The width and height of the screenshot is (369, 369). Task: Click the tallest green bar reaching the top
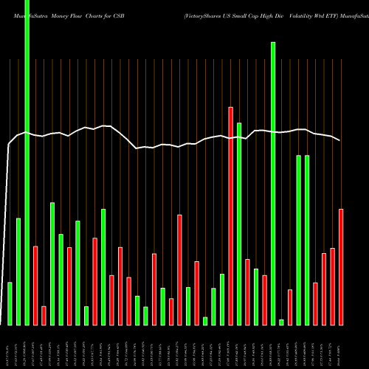(x=27, y=162)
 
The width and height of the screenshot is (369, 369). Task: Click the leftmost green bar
(x=10, y=303)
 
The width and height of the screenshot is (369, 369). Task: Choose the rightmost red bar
(x=341, y=266)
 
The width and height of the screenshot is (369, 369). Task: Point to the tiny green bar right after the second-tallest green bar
(x=281, y=322)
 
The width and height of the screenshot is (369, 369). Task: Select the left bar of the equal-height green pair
(x=299, y=240)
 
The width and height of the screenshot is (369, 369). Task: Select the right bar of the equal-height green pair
(x=307, y=240)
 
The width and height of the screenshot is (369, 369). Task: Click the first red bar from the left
(x=35, y=285)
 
